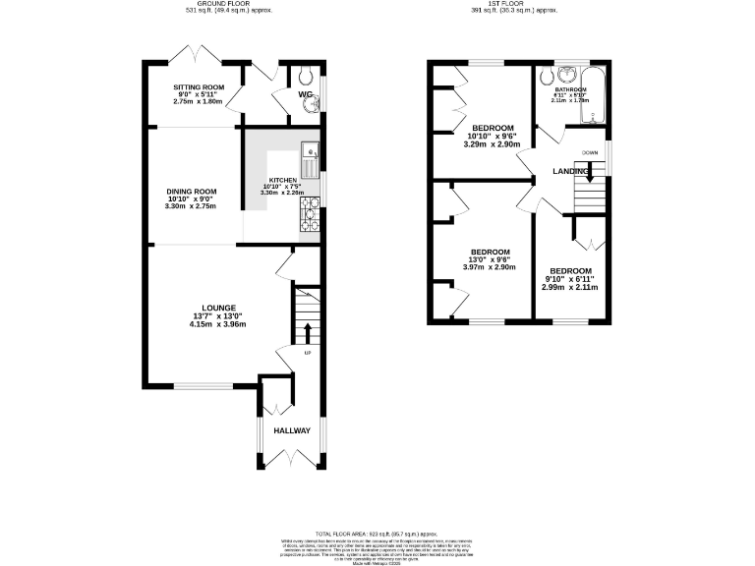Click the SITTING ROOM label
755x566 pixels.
pos(199,86)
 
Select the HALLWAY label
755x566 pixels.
pos(292,430)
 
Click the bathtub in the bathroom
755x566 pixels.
pos(593,95)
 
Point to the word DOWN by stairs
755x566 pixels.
pos(590,152)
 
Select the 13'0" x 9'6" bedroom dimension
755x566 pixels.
pos(489,259)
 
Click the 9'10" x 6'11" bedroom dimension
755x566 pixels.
pos(570,280)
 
